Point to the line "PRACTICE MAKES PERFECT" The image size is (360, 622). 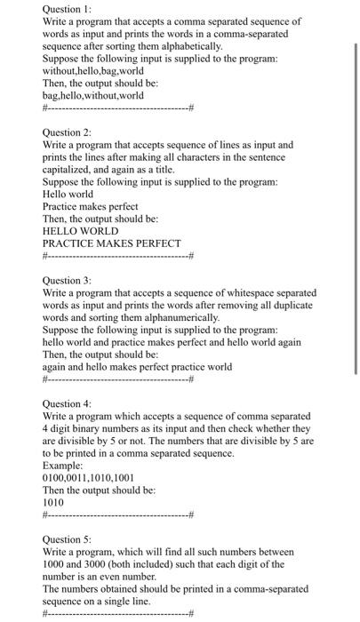pos(111,243)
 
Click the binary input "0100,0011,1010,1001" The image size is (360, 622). pos(88,478)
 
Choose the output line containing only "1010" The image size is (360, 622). pos(54,503)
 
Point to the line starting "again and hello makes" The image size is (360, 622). pos(137,367)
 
